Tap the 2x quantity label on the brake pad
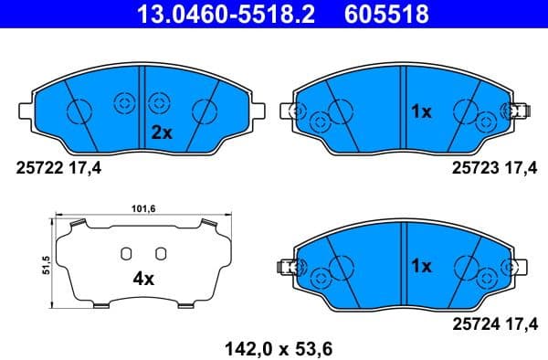pyautogui.click(x=161, y=132)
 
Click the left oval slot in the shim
pyautogui.click(x=127, y=253)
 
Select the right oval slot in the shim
pyautogui.click(x=161, y=253)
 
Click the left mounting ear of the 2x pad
pyautogui.click(x=26, y=111)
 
